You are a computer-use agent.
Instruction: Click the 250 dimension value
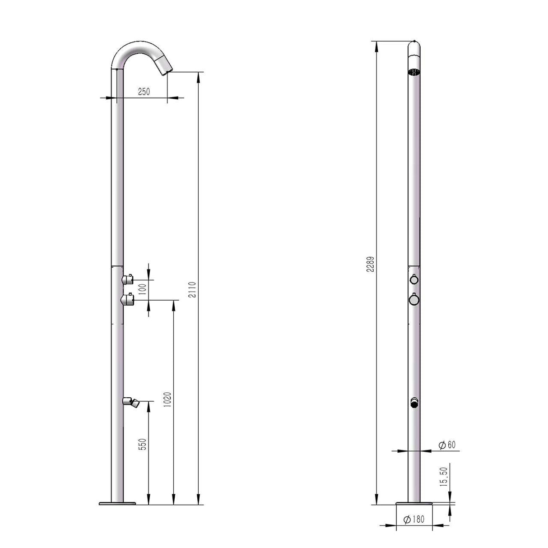click(x=143, y=92)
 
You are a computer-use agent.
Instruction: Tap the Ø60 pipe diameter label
click(x=446, y=444)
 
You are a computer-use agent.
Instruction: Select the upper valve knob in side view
click(x=128, y=279)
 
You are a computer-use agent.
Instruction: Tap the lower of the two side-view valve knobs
click(x=128, y=299)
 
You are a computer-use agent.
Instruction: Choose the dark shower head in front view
click(x=414, y=71)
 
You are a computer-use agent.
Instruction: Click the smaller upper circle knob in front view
click(x=414, y=280)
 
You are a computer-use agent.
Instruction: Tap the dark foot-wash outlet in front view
click(x=414, y=403)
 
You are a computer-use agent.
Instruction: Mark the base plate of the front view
click(x=414, y=504)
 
